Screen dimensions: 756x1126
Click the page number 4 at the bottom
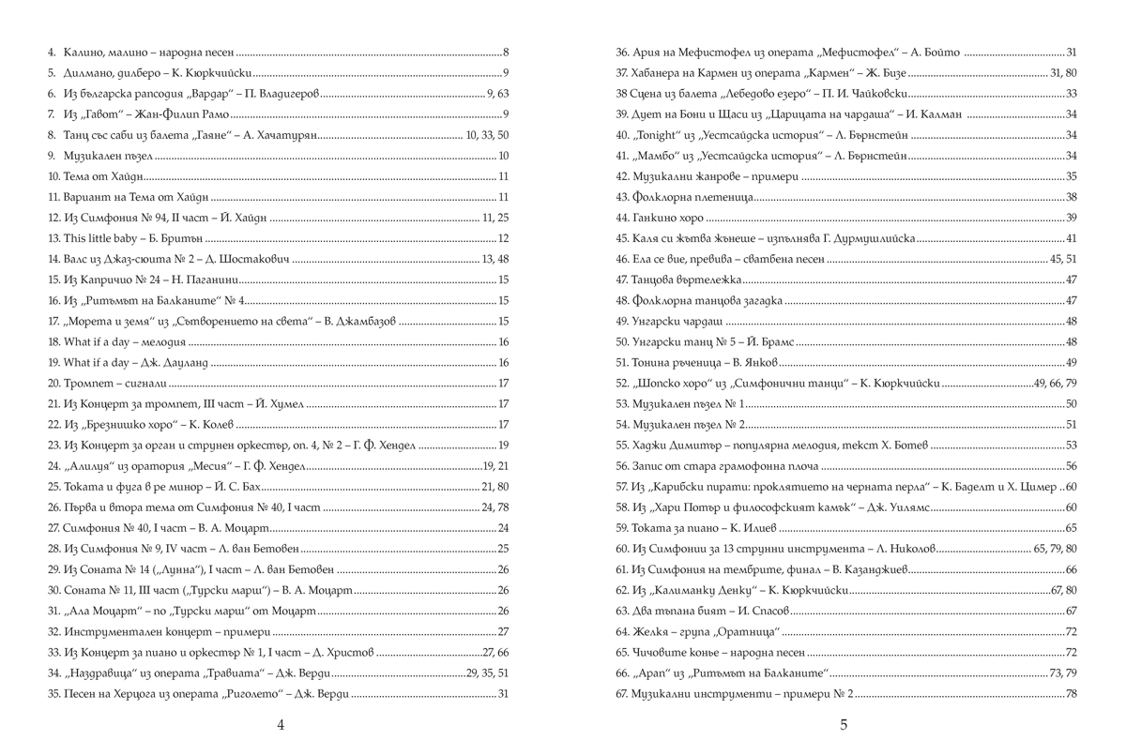(x=281, y=723)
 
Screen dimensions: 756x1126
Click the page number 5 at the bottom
(x=844, y=723)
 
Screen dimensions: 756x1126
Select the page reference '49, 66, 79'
(x=1054, y=383)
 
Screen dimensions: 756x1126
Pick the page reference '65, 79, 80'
(x=1054, y=548)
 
